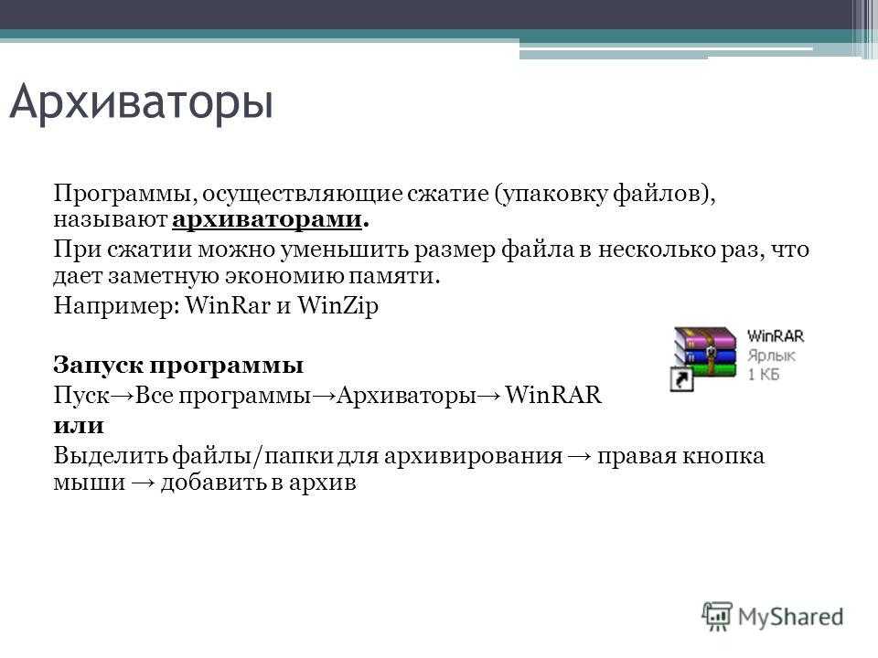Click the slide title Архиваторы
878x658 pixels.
[141, 103]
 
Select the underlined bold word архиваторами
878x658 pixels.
[267, 219]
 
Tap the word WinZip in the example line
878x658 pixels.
[337, 305]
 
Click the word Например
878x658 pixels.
[116, 307]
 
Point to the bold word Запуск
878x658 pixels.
[99, 366]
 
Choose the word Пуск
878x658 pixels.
[81, 396]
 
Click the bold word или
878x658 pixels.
[79, 427]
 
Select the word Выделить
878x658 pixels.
[111, 456]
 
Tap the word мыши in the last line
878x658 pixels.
[90, 483]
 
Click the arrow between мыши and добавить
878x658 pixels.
[143, 483]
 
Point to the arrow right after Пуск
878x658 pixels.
[123, 396]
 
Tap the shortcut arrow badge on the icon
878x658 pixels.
[681, 378]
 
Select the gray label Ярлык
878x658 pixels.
[771, 356]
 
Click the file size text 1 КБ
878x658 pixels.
[763, 375]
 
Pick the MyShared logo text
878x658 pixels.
[790, 617]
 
